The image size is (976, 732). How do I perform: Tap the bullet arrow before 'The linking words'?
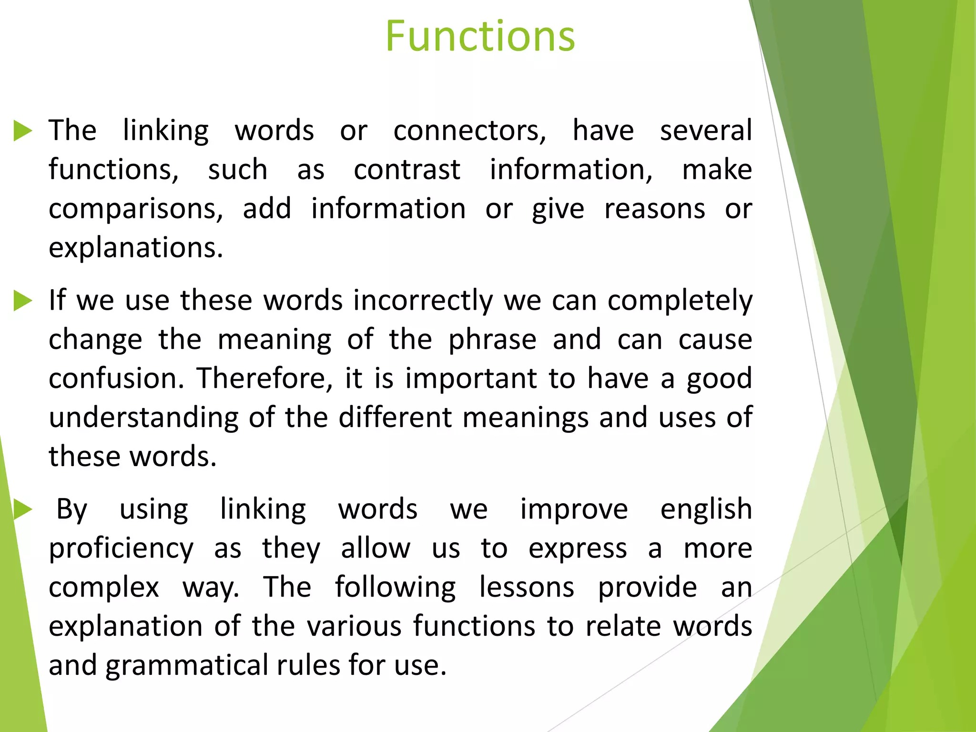(22, 131)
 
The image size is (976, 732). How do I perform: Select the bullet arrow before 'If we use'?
(22, 301)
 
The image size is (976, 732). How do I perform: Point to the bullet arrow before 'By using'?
(22, 510)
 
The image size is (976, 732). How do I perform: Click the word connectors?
(469, 131)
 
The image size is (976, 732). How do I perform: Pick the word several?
(706, 131)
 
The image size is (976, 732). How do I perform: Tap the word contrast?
(407, 170)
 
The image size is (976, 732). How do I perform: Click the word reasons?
(654, 209)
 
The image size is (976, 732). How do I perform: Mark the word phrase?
(492, 340)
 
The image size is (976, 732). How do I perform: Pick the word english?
(706, 510)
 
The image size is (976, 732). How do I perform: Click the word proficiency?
(121, 549)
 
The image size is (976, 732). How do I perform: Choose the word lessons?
(527, 587)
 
